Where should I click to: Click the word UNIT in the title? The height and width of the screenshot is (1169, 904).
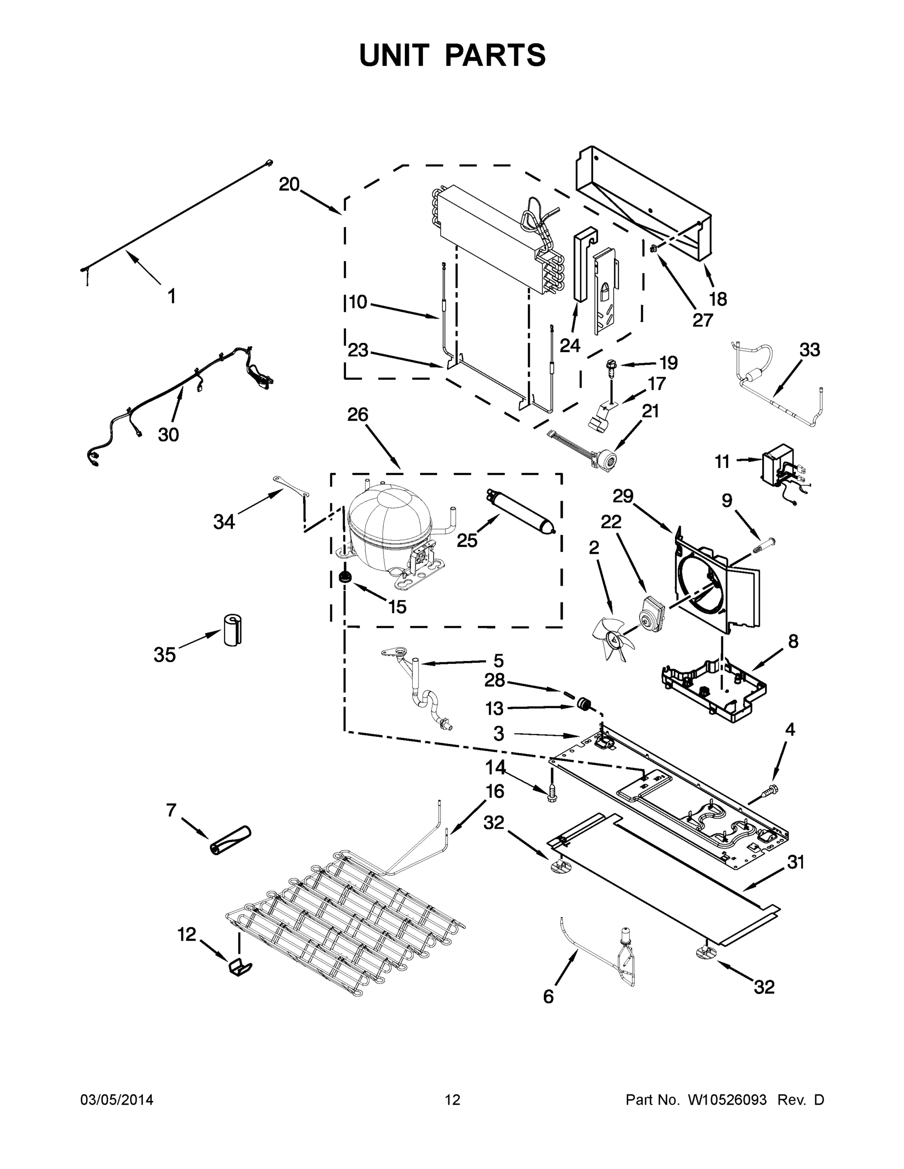(395, 55)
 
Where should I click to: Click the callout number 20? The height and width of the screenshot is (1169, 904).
(289, 185)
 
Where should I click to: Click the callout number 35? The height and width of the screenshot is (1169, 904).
(164, 654)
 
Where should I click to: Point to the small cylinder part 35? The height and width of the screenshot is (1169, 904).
(232, 629)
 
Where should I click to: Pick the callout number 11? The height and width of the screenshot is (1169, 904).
(722, 461)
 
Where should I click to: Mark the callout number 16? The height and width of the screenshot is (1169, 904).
(494, 791)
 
